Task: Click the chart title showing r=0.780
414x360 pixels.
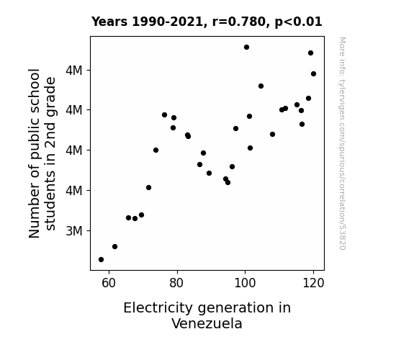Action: (x=207, y=22)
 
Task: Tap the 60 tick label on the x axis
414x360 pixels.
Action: (x=109, y=283)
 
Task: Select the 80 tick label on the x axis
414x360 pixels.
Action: (x=176, y=283)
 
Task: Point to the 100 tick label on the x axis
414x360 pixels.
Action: (x=245, y=283)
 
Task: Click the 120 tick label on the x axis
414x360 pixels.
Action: (x=313, y=283)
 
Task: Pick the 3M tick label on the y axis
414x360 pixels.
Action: (x=74, y=231)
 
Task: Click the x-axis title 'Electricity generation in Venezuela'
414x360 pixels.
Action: (x=207, y=315)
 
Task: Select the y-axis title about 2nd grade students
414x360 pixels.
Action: (x=42, y=153)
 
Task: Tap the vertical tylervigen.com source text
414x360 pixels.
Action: (x=342, y=143)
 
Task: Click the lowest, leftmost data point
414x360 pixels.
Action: (x=101, y=260)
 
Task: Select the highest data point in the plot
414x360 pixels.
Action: (x=247, y=48)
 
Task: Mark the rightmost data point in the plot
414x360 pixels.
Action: (x=314, y=74)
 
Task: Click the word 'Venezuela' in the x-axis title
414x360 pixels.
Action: (x=207, y=323)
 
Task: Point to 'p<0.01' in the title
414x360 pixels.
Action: (x=299, y=22)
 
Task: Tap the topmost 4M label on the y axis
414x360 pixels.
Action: (x=74, y=71)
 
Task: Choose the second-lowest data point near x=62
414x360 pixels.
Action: (x=115, y=247)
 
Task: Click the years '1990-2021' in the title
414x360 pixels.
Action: (x=167, y=22)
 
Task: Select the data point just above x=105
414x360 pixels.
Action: (x=261, y=86)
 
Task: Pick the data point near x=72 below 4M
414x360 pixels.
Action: (x=148, y=187)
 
